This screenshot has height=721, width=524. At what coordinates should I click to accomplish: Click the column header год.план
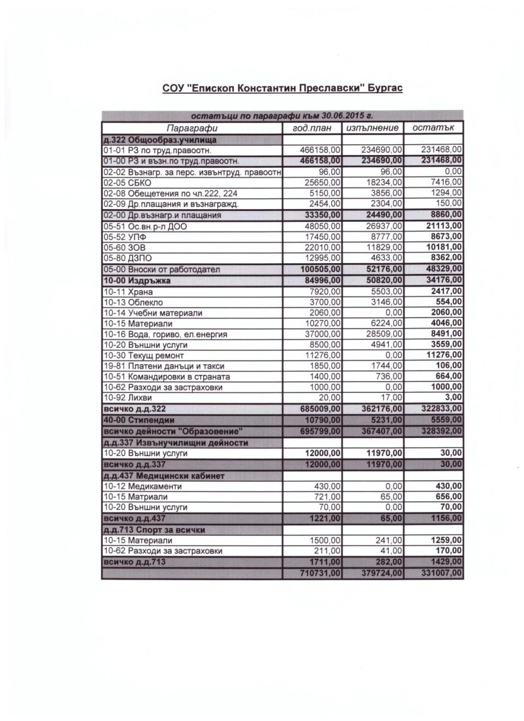pyautogui.click(x=312, y=128)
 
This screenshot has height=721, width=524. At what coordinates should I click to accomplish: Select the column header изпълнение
pyautogui.click(x=373, y=128)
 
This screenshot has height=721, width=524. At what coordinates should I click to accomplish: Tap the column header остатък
pyautogui.click(x=433, y=128)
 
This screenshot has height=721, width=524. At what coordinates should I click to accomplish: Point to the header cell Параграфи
pyautogui.click(x=192, y=128)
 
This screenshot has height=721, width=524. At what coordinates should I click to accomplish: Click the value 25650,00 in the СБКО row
pyautogui.click(x=323, y=182)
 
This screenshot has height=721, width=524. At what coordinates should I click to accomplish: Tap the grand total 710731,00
pyautogui.click(x=321, y=574)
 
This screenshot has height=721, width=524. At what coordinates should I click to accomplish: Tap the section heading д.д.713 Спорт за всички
pyautogui.click(x=157, y=529)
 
